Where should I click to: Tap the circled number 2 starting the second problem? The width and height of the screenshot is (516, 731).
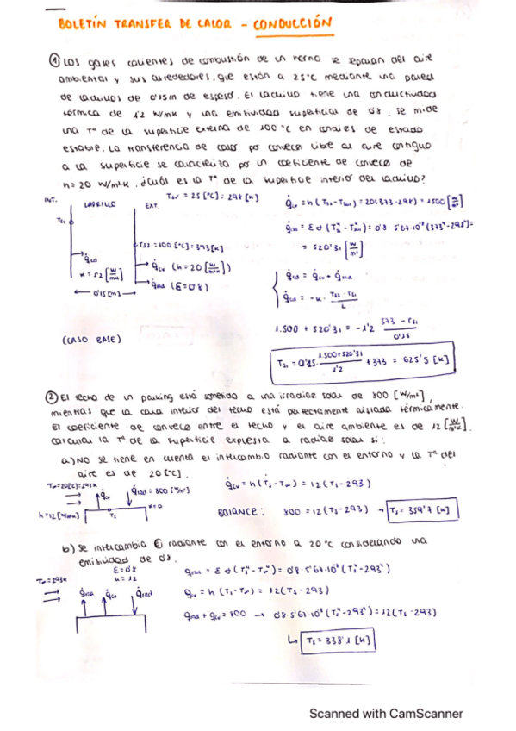tap(52, 397)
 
